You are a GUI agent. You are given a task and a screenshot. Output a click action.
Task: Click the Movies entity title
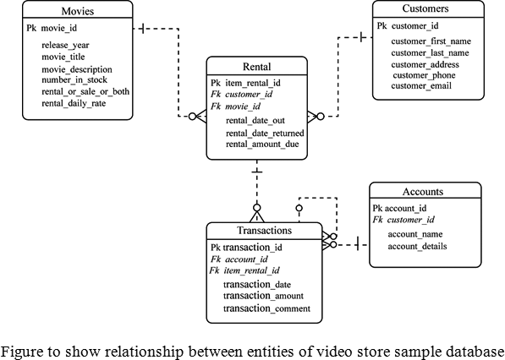[x=77, y=11]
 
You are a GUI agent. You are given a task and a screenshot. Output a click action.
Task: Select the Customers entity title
[x=426, y=9]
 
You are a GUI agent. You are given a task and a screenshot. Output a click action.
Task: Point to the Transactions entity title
[x=264, y=230]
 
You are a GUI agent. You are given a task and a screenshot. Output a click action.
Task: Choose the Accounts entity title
[x=425, y=192]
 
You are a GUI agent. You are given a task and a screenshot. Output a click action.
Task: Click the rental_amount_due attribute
[x=261, y=144]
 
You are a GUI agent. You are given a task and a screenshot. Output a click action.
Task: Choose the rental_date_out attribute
[x=255, y=121]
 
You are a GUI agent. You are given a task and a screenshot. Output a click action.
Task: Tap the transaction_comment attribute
[x=266, y=308]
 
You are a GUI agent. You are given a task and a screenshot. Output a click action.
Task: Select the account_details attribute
[x=417, y=247]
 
